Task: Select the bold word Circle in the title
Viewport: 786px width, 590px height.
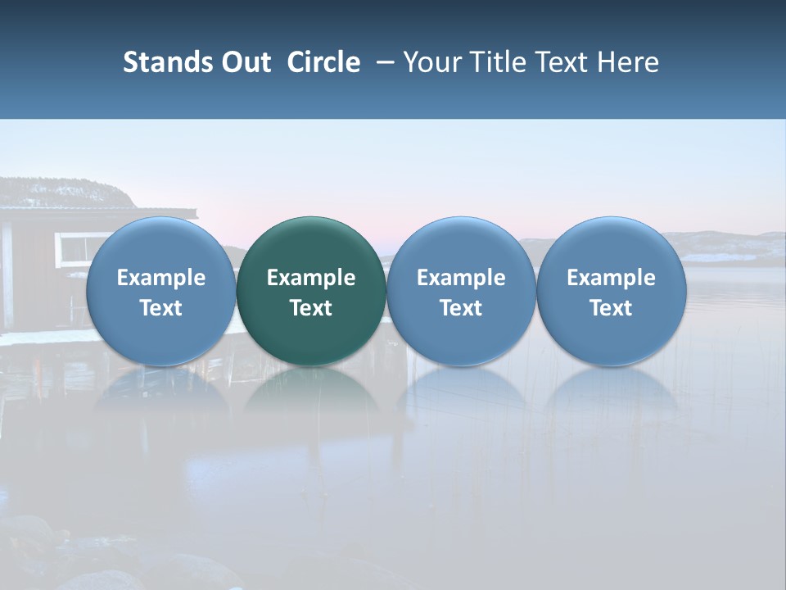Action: [x=323, y=62]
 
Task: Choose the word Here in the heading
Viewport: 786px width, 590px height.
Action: [x=628, y=62]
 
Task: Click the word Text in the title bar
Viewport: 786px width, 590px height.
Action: [x=559, y=62]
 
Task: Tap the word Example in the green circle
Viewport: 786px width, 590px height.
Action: [x=311, y=278]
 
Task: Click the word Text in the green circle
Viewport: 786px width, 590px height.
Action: [x=311, y=308]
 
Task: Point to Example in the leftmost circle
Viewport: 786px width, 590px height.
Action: [x=160, y=278]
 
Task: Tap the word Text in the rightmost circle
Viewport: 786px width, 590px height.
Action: [x=611, y=308]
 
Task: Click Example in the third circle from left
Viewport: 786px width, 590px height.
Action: [x=461, y=278]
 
